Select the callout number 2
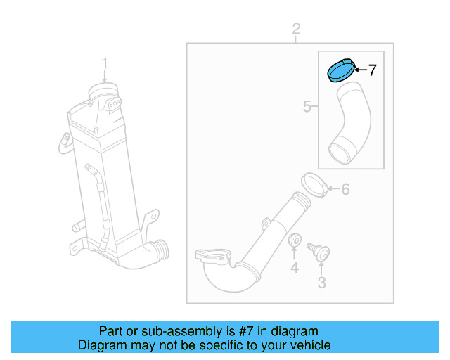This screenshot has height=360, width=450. click(296, 30)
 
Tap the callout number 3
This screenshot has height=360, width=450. click(322, 283)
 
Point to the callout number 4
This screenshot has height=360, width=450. click(295, 267)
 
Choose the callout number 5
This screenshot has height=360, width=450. click(307, 107)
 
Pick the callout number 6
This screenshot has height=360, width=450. click(345, 189)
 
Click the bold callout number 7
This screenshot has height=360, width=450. click(372, 70)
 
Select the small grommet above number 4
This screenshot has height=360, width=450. click(295, 241)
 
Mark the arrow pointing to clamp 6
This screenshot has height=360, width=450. click(333, 189)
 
